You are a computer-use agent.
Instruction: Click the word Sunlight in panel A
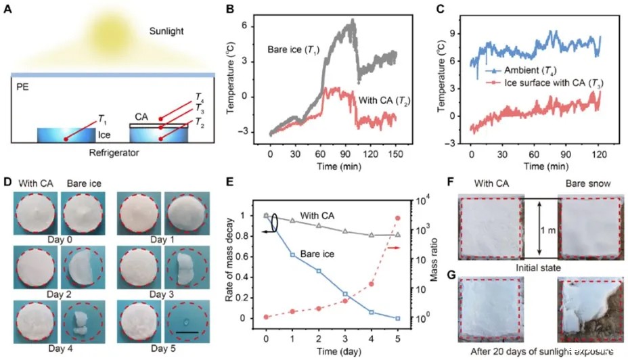click(169, 31)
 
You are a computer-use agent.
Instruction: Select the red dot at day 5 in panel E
click(398, 218)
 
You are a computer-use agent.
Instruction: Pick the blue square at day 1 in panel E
click(292, 254)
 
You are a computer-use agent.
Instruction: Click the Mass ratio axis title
click(441, 260)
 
